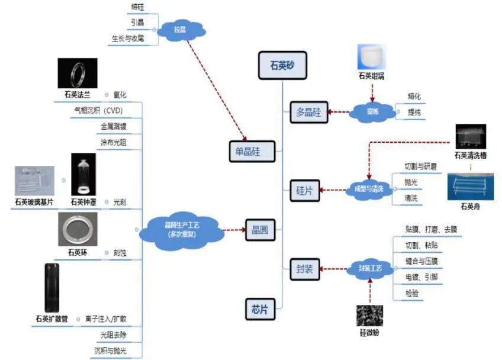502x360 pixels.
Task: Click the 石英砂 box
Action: point(282,65)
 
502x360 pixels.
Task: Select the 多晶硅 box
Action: point(308,112)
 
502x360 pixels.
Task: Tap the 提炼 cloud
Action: point(372,111)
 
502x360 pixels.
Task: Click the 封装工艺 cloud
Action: point(370,269)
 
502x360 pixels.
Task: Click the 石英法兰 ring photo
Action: point(78,73)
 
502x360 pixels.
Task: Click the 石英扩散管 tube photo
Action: point(52,287)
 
